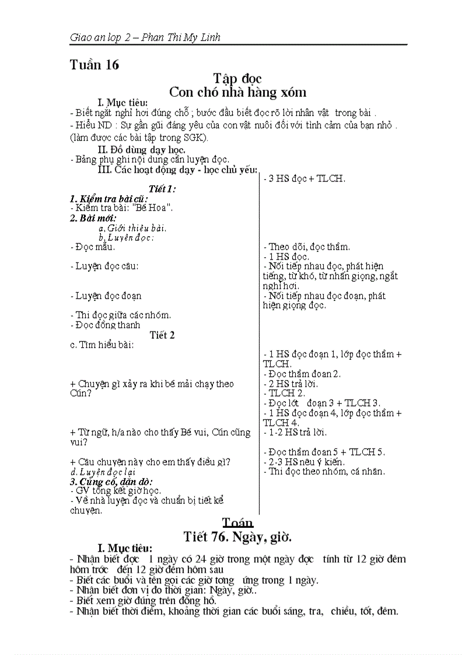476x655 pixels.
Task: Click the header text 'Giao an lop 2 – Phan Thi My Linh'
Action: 145,38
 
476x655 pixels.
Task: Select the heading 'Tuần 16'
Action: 94,65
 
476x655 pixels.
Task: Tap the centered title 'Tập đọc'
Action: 237,78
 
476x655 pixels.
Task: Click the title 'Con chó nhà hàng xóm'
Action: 237,92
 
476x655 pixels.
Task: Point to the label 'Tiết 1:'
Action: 162,189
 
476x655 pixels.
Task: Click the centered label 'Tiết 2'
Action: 162,335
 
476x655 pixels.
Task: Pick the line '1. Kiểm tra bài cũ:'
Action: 108,198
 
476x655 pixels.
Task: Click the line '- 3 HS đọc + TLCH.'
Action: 304,178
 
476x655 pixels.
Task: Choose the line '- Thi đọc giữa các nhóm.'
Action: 120,315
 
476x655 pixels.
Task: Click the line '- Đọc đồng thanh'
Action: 105,325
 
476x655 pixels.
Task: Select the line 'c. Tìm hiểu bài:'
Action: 101,345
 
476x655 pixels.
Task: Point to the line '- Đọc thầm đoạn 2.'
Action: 302,374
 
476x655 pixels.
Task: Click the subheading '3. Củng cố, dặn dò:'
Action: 111,481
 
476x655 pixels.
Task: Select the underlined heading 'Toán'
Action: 237,522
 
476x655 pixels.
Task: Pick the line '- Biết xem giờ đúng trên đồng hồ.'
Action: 142,600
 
